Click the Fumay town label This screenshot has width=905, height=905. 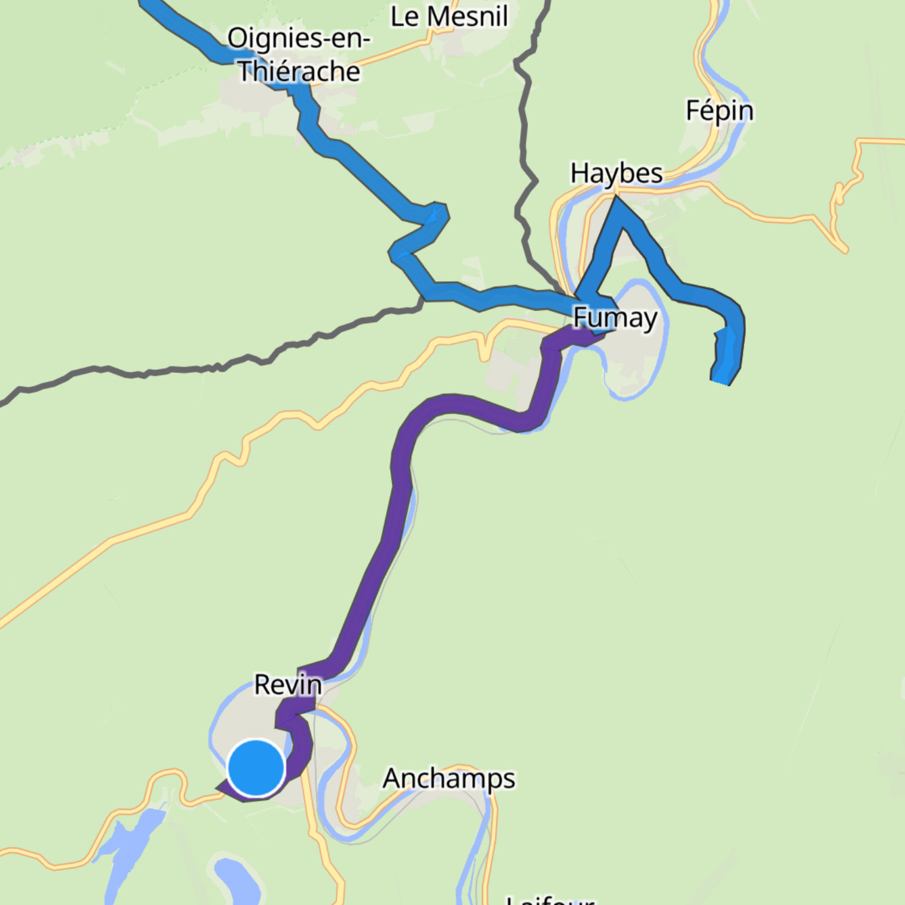pyautogui.click(x=615, y=318)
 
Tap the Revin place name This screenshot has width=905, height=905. pyautogui.click(x=287, y=684)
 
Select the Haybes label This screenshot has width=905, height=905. pyautogui.click(x=616, y=174)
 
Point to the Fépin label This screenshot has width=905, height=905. pyautogui.click(x=719, y=111)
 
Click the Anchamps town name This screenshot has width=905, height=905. pyautogui.click(x=449, y=778)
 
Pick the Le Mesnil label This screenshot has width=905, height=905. pyautogui.click(x=449, y=16)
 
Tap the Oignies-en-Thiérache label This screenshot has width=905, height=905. pyautogui.click(x=299, y=54)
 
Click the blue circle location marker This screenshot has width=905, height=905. pyautogui.click(x=256, y=768)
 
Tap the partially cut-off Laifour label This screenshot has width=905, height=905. pyautogui.click(x=549, y=900)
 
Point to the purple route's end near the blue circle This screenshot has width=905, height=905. pyautogui.click(x=223, y=789)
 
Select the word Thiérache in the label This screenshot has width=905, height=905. pyautogui.click(x=299, y=72)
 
